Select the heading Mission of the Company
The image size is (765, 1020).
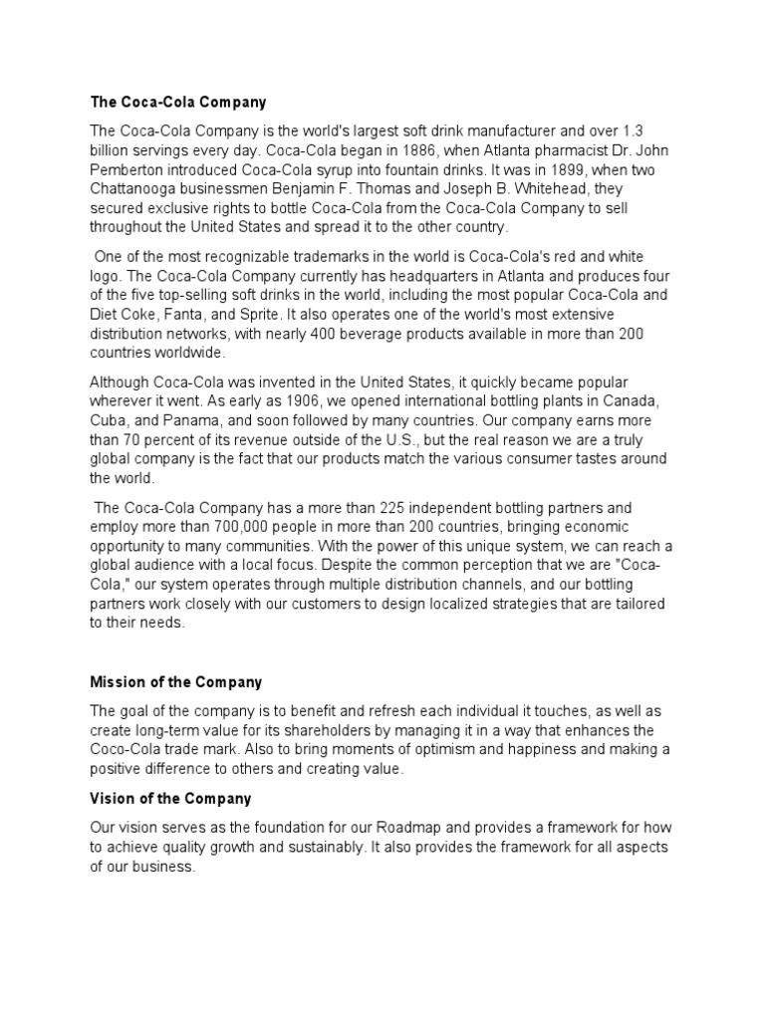(176, 682)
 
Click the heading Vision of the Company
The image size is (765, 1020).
(170, 799)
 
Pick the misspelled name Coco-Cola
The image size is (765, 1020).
(127, 749)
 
